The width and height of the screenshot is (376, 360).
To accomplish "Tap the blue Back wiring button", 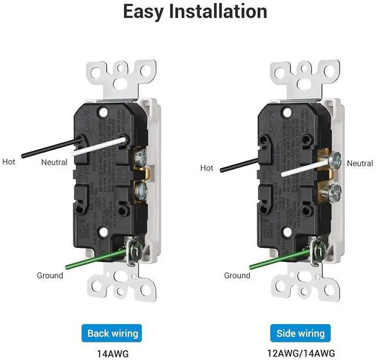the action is [x=113, y=334].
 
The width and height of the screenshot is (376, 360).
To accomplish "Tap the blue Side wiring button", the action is [x=300, y=334].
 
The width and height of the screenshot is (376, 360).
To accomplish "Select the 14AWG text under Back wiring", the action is [x=113, y=353].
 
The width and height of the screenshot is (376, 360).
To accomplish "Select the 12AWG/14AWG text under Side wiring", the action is [x=300, y=353].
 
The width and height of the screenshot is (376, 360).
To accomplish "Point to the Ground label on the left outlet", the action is [x=50, y=275].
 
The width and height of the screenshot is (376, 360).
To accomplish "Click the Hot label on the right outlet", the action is [x=207, y=168].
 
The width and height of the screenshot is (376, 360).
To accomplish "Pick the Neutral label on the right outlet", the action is [x=360, y=163].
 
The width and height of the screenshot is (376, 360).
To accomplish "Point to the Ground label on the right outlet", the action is [x=237, y=275].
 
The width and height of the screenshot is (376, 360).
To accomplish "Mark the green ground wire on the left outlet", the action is [x=88, y=260].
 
